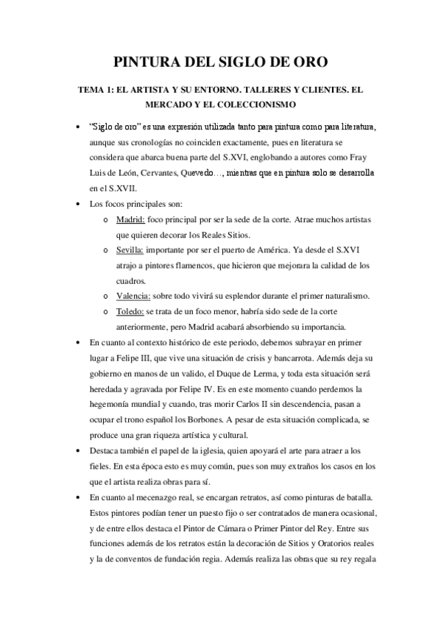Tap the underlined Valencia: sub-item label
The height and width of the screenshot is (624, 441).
coord(133,296)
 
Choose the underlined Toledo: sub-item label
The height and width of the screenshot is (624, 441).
coord(131,311)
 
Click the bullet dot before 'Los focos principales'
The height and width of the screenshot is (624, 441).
coord(78,203)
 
